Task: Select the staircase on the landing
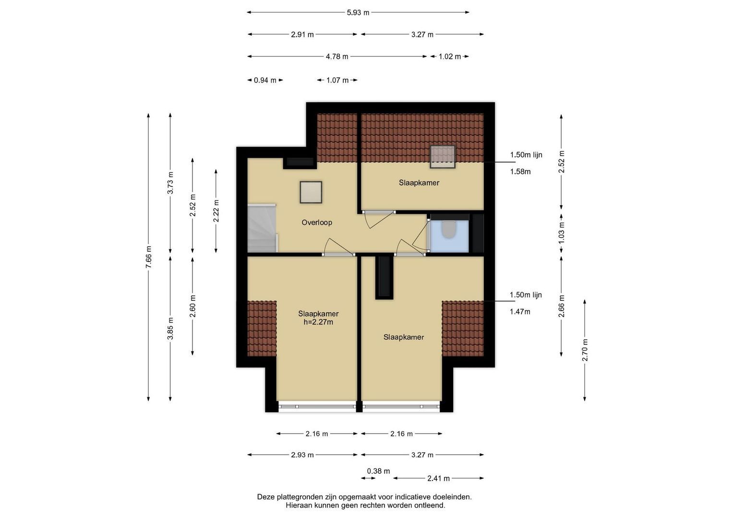point(263,228)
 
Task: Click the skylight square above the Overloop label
point(311,192)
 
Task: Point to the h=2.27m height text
point(318,322)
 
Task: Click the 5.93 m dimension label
point(358,13)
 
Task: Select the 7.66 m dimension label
point(148,257)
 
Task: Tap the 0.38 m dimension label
point(378,471)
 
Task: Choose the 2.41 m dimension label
point(438,478)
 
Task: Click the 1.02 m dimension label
point(450,57)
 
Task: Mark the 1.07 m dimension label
point(337,80)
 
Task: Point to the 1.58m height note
point(520,172)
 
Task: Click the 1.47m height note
point(520,311)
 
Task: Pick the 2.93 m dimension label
point(302,455)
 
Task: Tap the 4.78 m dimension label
point(337,57)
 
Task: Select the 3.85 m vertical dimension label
point(170,329)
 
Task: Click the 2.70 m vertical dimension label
point(585,350)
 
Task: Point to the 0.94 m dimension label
point(265,80)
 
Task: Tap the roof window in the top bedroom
point(443,157)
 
